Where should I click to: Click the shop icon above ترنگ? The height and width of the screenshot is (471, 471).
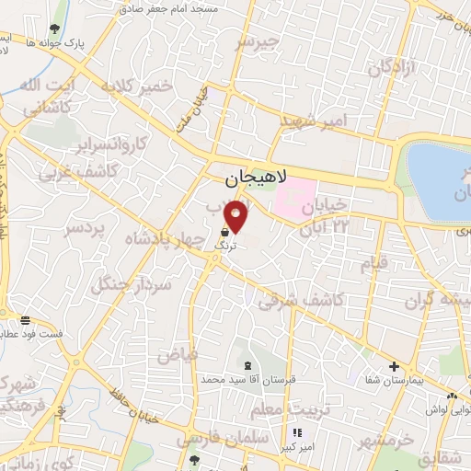point(226,234)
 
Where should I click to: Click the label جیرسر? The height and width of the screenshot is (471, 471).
point(255,41)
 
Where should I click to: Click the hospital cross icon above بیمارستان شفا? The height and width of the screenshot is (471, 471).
point(394,366)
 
